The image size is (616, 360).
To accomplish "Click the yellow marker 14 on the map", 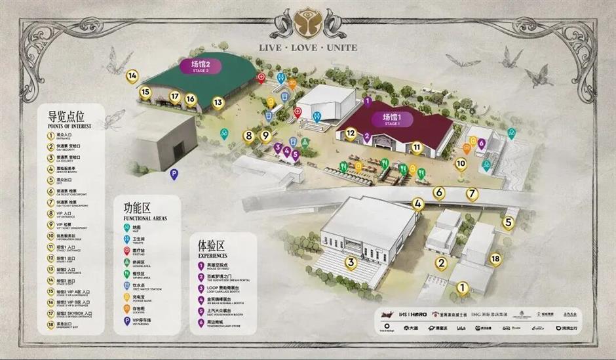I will (x=132, y=76).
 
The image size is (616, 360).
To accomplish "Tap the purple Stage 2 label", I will (x=200, y=66).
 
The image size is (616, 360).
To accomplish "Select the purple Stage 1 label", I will (x=392, y=119).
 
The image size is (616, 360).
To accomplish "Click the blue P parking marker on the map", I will (x=174, y=174).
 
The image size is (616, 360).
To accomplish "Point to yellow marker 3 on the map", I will (x=351, y=263).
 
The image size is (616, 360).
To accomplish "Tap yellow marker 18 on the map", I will (x=495, y=259).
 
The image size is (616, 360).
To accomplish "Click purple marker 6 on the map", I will (x=482, y=142).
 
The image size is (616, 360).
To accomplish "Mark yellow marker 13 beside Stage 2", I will (x=218, y=102).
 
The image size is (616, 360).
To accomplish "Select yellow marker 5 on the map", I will (x=508, y=222).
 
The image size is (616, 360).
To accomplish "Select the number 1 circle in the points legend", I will (x=52, y=136).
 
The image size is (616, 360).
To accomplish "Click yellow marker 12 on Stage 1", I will (x=351, y=133).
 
